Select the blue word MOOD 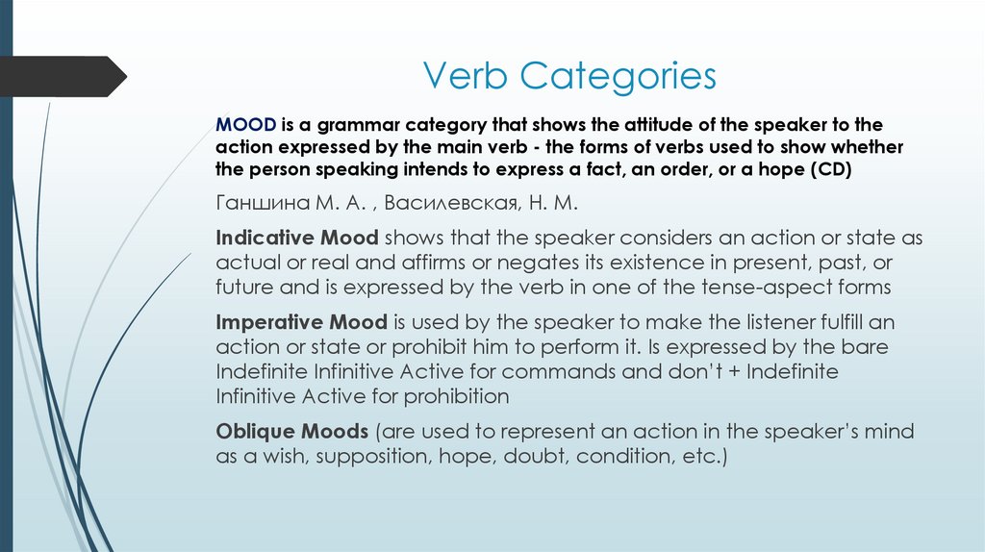click(x=246, y=126)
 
